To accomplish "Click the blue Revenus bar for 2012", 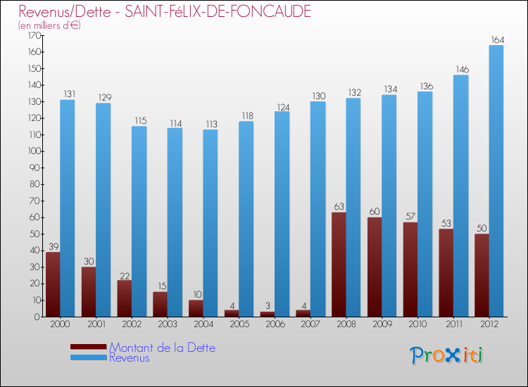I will point(496,181).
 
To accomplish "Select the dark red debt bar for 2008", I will point(339,265).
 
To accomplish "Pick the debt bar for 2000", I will point(53,284).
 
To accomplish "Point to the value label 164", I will point(496,39).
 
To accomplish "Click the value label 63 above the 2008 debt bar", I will point(339,207).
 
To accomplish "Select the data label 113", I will point(210,124).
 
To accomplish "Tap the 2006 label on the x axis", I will point(275,324).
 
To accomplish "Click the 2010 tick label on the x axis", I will point(417,324).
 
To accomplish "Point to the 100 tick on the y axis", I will point(33,151).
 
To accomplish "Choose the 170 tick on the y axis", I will point(33,35).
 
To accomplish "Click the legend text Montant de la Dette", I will point(162,348).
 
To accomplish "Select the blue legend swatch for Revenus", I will point(89,357).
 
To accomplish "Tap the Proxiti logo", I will point(446,355).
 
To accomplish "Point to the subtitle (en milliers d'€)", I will point(50,25).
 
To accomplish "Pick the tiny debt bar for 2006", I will point(268,314).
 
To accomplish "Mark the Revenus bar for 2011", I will point(460,196).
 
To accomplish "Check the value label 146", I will point(460,69).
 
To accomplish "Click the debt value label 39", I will point(53,246).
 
